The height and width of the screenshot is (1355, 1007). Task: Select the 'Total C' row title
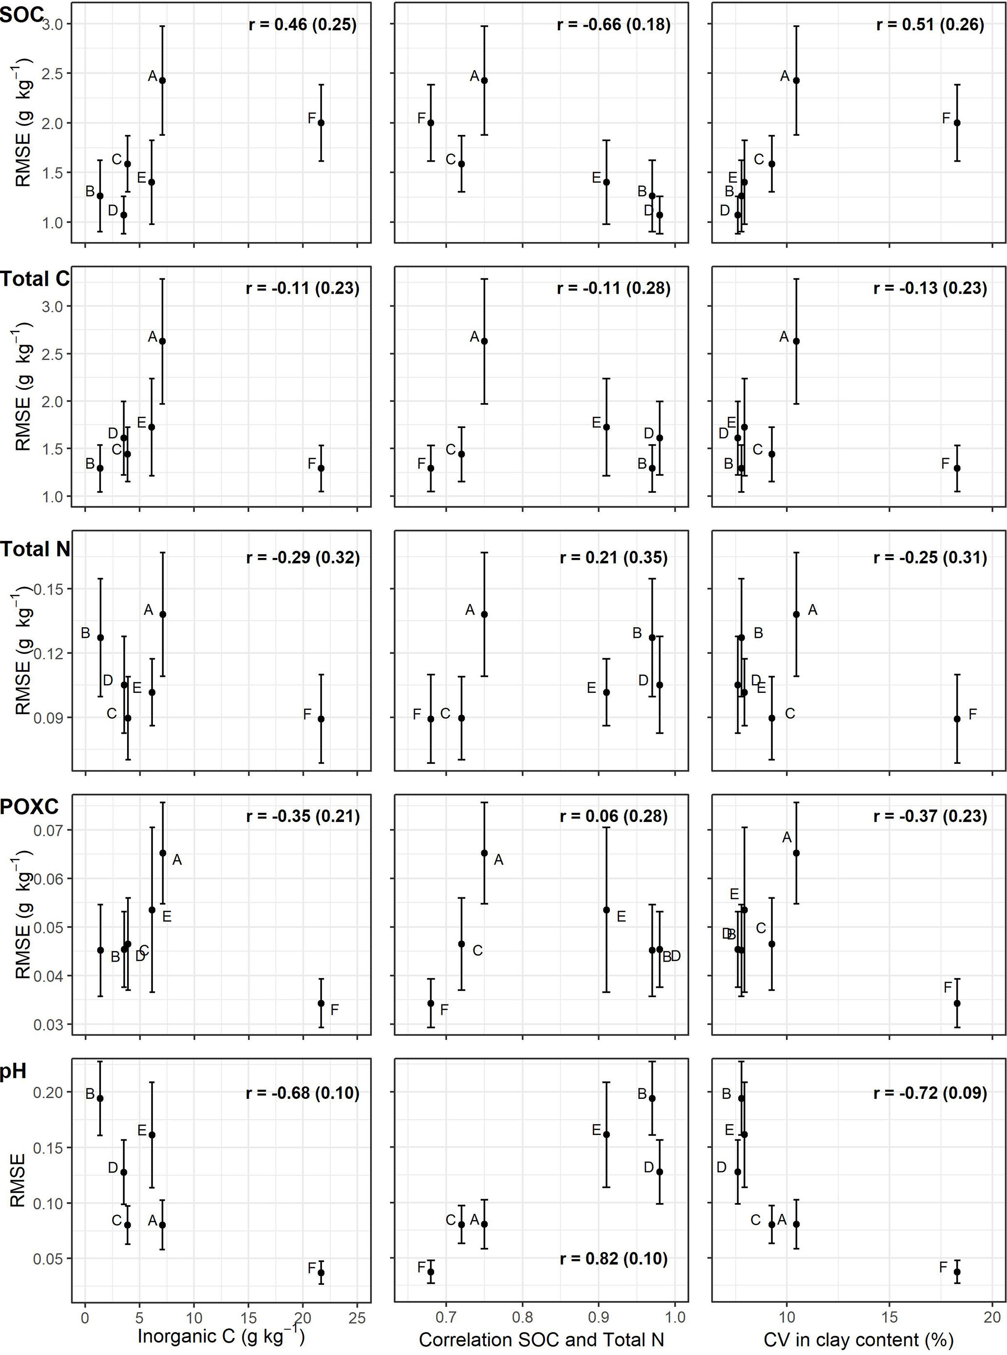click(35, 279)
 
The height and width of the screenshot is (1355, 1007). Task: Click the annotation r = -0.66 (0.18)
click(613, 24)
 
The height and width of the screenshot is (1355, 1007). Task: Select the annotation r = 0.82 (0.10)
click(613, 1258)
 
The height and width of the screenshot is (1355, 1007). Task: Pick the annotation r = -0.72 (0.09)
click(930, 1093)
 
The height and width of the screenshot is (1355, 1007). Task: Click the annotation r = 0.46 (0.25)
click(303, 24)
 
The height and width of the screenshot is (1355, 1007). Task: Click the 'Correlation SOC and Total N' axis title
click(541, 1339)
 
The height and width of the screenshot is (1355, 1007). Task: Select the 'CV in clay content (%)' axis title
click(858, 1339)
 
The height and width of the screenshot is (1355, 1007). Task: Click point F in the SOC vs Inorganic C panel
click(321, 123)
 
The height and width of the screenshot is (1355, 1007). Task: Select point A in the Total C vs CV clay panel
click(796, 341)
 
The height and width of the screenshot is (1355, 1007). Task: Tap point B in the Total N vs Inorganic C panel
click(100, 637)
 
